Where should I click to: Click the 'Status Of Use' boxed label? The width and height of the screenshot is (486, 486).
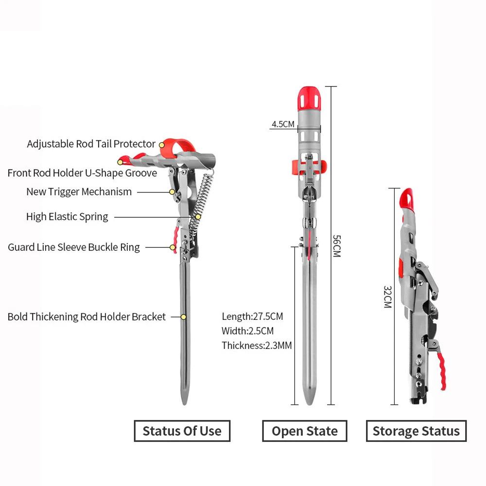[182, 431]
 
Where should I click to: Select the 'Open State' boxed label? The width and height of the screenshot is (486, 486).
[305, 431]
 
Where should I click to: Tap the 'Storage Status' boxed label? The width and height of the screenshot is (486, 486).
[417, 431]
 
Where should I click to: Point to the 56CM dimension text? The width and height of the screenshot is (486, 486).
[337, 246]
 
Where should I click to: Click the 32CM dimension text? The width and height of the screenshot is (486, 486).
[388, 296]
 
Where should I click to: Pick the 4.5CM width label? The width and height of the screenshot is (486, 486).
[283, 124]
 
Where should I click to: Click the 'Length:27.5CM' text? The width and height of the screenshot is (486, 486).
[252, 316]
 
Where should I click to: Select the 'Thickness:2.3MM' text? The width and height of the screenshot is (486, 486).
[257, 345]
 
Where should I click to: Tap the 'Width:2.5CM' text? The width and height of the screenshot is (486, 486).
[248, 330]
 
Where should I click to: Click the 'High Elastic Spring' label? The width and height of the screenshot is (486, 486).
[67, 217]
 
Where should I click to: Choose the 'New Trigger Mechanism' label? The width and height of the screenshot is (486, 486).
[79, 192]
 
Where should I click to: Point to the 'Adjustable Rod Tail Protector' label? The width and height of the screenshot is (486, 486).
[91, 144]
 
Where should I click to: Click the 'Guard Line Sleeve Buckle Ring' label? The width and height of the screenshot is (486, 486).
[74, 247]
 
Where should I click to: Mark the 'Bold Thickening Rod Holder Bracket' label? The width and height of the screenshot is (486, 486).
[87, 317]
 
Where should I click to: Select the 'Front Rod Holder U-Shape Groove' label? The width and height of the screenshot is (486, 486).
[82, 173]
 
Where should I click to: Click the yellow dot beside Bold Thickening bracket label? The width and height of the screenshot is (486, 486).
[184, 317]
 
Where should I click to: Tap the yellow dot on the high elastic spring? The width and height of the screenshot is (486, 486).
[198, 217]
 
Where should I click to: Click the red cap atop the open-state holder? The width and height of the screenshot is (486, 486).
[309, 99]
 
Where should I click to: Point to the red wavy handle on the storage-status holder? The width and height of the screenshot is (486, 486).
[442, 371]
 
